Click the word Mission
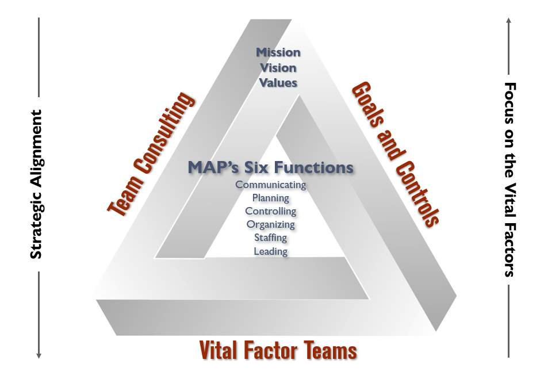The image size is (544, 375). click(x=278, y=52)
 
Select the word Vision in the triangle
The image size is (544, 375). click(x=278, y=68)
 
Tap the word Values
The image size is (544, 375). click(x=278, y=83)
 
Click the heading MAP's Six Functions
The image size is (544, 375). click(x=270, y=168)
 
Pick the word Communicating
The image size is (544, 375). click(x=270, y=185)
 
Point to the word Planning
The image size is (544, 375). click(x=270, y=198)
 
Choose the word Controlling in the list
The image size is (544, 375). click(x=270, y=211)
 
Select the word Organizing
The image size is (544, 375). click(x=270, y=224)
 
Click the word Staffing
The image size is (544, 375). click(x=270, y=238)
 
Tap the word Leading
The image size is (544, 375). click(x=270, y=251)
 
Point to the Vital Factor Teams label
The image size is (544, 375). click(x=278, y=350)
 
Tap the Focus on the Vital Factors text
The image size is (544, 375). click(x=509, y=179)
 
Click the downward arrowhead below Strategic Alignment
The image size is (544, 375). click(x=39, y=355)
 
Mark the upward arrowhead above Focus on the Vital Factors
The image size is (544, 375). click(x=508, y=21)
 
